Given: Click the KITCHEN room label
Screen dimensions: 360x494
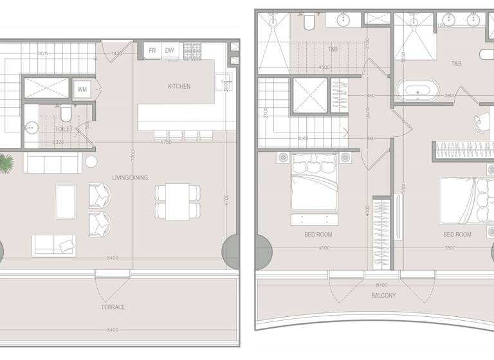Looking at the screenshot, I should coord(179,86).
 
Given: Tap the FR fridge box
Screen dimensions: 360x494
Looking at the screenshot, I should coord(152,50).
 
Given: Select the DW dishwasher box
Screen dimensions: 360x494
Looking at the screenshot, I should coord(170,50).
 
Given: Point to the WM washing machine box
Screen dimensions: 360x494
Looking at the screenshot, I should coord(82,89).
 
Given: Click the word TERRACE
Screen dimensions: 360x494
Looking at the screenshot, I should coord(114,307).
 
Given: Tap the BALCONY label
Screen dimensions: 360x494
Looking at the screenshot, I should coord(383,296).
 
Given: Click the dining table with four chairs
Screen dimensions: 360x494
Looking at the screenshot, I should coord(177,201).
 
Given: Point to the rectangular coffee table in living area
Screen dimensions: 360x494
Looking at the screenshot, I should coord(66,203).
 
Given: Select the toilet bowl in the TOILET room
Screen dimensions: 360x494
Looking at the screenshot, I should coord(65,114).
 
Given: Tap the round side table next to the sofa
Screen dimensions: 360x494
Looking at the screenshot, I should coord(91,161).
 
